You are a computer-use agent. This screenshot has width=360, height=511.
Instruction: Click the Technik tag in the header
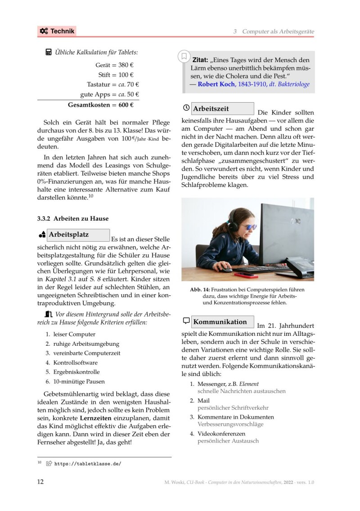pyautogui.click(x=57, y=31)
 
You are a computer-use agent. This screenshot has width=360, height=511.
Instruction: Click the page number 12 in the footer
pyautogui.click(x=40, y=482)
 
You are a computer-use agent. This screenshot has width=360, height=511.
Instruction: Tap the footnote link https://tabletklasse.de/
pyautogui.click(x=88, y=463)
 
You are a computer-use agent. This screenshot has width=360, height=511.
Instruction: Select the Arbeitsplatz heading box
pyautogui.click(x=79, y=235)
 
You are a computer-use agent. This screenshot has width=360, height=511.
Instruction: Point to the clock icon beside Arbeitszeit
pyautogui.click(x=186, y=109)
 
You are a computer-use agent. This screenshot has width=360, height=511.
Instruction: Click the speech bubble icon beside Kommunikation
pyautogui.click(x=186, y=321)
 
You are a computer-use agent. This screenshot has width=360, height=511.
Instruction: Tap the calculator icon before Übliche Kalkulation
pyautogui.click(x=49, y=53)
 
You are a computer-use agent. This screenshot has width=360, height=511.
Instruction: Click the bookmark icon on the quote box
pyautogui.click(x=184, y=57)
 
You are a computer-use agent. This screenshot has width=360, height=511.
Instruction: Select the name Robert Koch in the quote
pyautogui.click(x=216, y=84)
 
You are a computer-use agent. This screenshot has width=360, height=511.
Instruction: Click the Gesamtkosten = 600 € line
pyautogui.click(x=100, y=105)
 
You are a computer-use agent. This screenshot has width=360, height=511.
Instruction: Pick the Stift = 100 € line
pyautogui.click(x=116, y=75)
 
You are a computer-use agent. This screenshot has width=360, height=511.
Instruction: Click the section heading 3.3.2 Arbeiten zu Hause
pyautogui.click(x=73, y=219)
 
